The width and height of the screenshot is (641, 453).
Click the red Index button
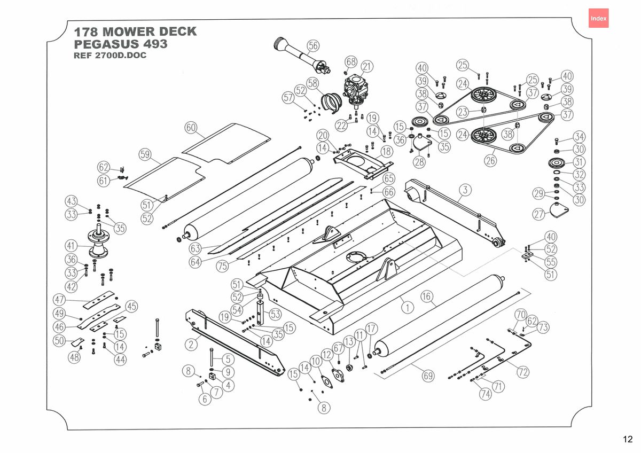click(598, 18)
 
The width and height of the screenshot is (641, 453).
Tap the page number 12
click(628, 439)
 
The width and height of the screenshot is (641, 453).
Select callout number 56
click(313, 46)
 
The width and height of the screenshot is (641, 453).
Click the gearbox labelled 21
click(356, 89)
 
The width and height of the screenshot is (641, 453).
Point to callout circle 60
click(191, 127)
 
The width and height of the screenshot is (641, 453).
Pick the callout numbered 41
click(71, 246)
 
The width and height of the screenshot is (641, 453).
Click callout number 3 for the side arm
click(465, 190)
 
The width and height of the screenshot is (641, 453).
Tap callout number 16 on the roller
click(427, 296)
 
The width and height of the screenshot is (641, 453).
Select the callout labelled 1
click(408, 308)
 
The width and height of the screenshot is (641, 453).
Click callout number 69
click(428, 376)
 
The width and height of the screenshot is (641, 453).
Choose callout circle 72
click(523, 372)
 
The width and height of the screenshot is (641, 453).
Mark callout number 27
click(539, 214)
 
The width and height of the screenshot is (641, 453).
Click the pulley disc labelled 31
click(556, 163)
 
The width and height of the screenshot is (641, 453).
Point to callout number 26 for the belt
click(490, 161)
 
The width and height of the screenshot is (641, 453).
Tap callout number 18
click(387, 151)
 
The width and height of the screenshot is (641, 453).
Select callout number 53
click(275, 314)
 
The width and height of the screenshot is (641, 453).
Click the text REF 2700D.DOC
click(110, 55)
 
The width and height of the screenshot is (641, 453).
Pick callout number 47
click(59, 300)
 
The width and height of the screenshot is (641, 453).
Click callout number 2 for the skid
click(191, 344)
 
